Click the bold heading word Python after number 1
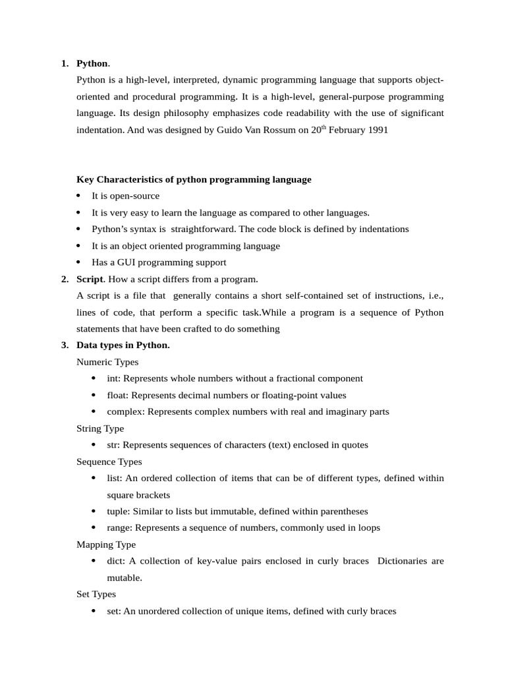click(92, 63)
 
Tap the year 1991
click(378, 131)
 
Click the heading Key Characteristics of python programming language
click(194, 179)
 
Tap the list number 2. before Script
click(65, 279)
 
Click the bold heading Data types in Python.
click(123, 345)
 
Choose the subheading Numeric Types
click(107, 362)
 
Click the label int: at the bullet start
click(114, 378)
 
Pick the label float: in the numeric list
click(117, 395)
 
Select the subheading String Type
click(100, 428)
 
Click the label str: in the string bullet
click(114, 445)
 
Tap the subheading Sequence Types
click(109, 461)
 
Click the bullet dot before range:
click(94, 528)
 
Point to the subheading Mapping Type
click(106, 544)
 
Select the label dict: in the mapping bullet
click(116, 561)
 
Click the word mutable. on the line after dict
click(125, 577)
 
